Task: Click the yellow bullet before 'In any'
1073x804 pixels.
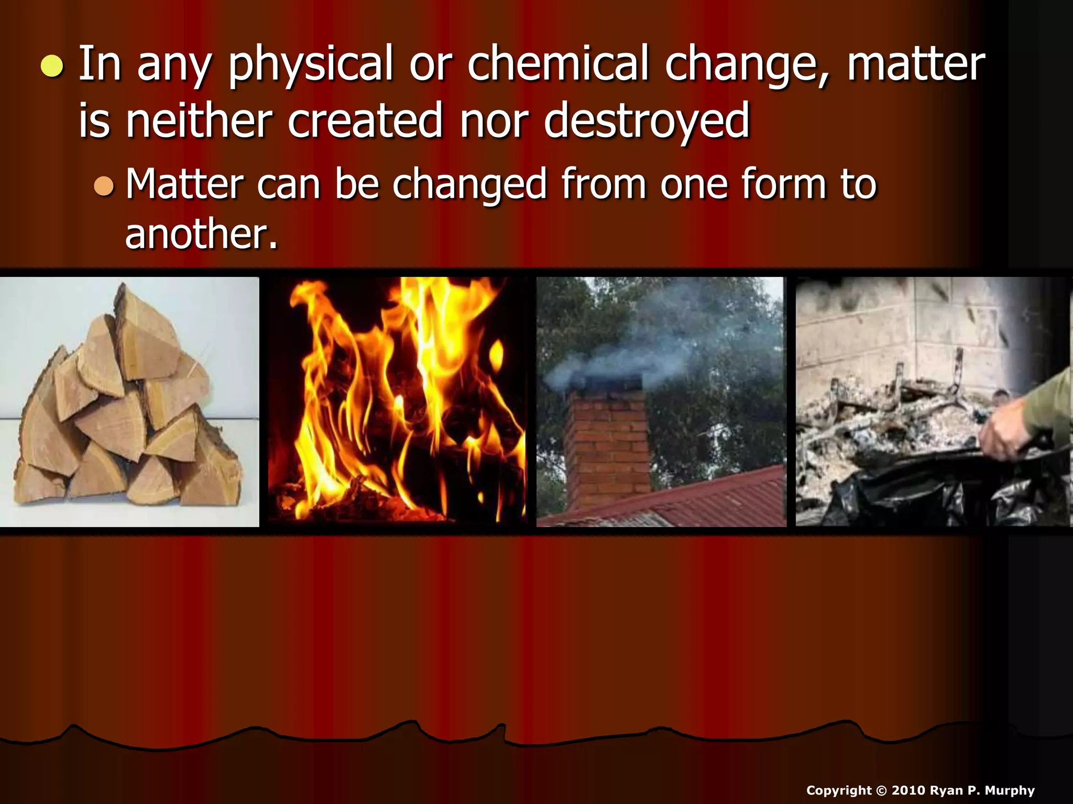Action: tap(52, 66)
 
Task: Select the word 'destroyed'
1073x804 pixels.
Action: tap(647, 121)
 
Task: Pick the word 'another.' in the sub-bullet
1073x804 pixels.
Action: tap(201, 234)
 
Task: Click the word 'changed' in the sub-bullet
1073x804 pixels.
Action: tap(470, 185)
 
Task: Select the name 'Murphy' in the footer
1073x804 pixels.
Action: tap(1010, 790)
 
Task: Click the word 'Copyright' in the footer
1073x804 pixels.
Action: tap(838, 790)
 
